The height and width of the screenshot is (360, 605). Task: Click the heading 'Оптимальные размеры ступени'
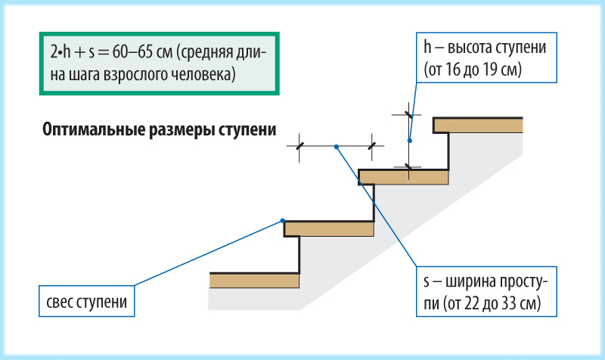click(159, 129)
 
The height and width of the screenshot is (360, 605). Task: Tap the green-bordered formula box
click(159, 64)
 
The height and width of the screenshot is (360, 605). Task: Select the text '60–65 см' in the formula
click(143, 51)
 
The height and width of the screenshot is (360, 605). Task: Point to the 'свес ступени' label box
click(86, 301)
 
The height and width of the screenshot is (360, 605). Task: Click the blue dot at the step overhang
click(283, 221)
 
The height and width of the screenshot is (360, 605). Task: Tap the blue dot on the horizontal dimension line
click(337, 147)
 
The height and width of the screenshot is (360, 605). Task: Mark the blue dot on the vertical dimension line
click(410, 141)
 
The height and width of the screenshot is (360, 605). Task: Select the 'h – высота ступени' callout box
click(486, 57)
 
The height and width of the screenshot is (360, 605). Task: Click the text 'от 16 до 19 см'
click(473, 70)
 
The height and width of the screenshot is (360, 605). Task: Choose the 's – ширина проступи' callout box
click(486, 291)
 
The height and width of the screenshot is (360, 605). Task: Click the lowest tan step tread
click(255, 281)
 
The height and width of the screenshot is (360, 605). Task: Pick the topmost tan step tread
click(478, 126)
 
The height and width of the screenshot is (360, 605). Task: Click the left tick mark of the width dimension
click(299, 146)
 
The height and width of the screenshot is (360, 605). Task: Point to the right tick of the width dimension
click(372, 146)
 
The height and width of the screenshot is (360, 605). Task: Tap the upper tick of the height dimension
click(408, 115)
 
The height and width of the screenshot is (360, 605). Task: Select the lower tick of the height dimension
click(408, 167)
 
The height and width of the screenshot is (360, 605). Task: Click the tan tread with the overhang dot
click(329, 229)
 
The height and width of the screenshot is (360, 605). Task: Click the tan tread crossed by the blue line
click(404, 177)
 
